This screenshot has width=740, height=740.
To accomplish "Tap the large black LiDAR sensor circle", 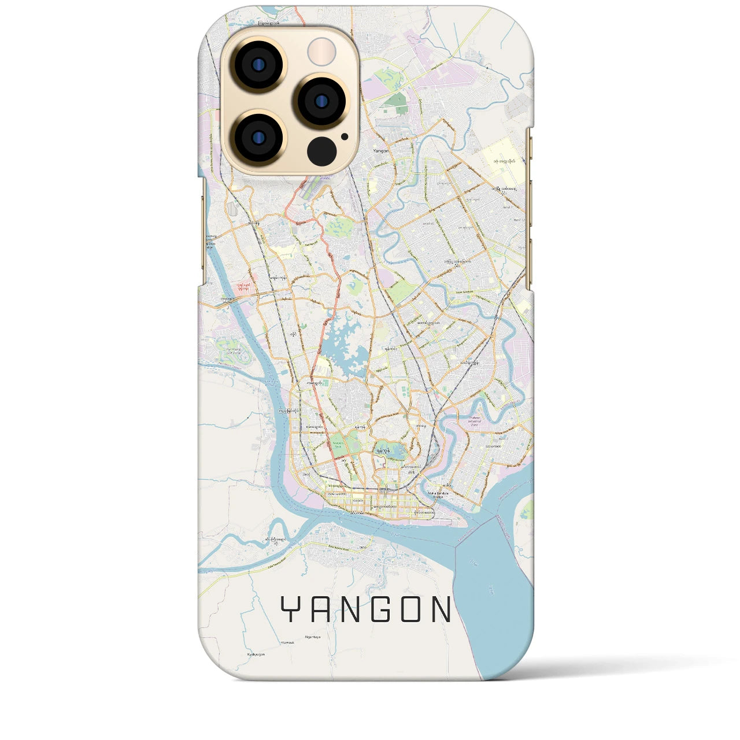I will pyautogui.click(x=321, y=151).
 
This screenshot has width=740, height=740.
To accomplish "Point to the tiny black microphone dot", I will pyautogui.click(x=345, y=137).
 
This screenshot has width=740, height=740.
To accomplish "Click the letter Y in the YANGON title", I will pyautogui.click(x=290, y=609).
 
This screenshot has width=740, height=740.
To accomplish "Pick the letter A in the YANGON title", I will pyautogui.click(x=319, y=609).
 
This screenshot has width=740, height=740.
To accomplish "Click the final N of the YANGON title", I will pyautogui.click(x=441, y=609).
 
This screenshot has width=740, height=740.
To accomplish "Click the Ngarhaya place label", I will pyautogui.click(x=313, y=637).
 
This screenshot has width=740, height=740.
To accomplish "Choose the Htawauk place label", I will pyautogui.click(x=287, y=642).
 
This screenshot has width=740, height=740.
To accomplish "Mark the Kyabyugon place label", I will pyautogui.click(x=256, y=654).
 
